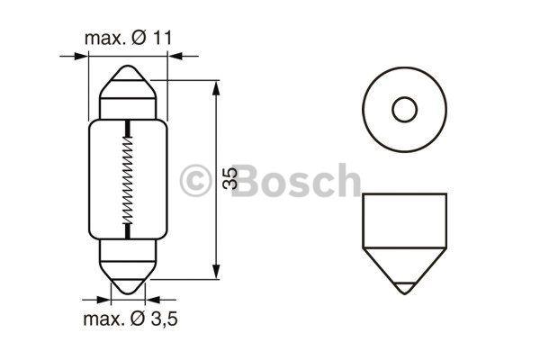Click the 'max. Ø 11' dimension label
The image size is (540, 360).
pos(129,39)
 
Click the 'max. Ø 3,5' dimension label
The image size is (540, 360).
pos(129,319)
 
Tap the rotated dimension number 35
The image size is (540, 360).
pos(230,179)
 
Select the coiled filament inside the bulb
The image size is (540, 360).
pos(129,179)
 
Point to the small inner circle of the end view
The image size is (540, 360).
pos(404,110)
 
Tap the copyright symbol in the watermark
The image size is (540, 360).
pos(195,180)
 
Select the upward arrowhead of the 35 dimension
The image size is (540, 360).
pos(216,88)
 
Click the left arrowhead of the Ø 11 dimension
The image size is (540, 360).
pos(84,56)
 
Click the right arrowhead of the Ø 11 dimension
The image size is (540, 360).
pos(174,56)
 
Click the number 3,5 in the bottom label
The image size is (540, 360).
pos(162,319)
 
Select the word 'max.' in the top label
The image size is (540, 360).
pos(103,39)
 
